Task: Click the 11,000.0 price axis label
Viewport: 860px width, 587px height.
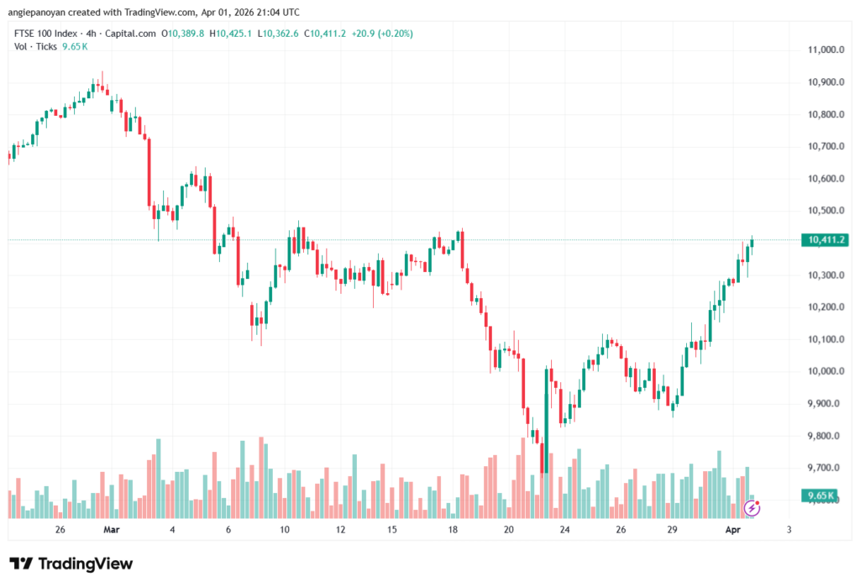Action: tap(825, 50)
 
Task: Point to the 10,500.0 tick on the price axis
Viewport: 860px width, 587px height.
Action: tap(825, 211)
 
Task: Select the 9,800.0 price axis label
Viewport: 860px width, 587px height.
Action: tap(823, 436)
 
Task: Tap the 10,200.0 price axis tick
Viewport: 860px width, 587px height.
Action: tap(825, 307)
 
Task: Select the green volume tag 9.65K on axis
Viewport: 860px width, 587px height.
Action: tap(819, 495)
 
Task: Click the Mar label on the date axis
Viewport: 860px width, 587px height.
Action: tap(112, 530)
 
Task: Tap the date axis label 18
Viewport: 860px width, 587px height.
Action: tap(453, 530)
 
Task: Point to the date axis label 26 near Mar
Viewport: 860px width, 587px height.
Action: tap(60, 530)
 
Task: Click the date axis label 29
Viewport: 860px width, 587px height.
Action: tap(672, 530)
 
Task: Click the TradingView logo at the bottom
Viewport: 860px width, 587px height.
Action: tap(71, 563)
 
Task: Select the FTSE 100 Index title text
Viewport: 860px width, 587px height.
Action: tap(47, 34)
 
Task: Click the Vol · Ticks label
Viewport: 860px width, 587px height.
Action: tap(35, 46)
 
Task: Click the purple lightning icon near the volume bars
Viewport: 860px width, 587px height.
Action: tap(752, 508)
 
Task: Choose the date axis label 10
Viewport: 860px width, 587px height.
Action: tap(285, 530)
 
